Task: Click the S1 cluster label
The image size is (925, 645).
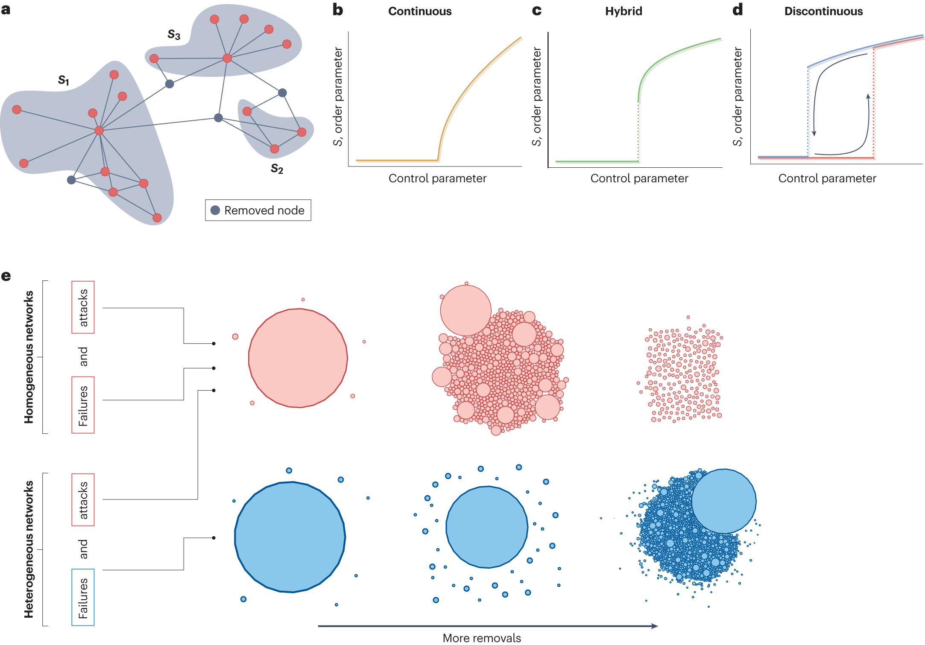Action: (x=64, y=80)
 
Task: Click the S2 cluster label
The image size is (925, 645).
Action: (x=277, y=169)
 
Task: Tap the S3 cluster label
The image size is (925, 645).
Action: (x=174, y=35)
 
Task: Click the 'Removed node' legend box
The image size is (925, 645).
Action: (x=258, y=210)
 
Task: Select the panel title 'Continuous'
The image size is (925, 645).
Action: (x=419, y=12)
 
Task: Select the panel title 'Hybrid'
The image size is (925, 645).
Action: (x=623, y=12)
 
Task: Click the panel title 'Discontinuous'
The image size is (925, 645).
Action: (x=823, y=12)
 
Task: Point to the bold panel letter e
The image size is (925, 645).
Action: (x=6, y=276)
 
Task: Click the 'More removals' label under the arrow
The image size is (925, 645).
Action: (x=481, y=638)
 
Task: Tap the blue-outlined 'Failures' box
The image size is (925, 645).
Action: (x=83, y=597)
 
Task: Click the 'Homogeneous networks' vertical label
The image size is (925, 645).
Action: (x=29, y=357)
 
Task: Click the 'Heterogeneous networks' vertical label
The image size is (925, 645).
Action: (x=29, y=549)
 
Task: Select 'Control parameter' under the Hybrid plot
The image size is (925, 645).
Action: (x=639, y=178)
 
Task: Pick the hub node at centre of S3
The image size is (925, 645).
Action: (x=227, y=58)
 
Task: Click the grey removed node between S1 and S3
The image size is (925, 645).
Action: (x=170, y=84)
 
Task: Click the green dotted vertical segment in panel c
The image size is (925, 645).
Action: (x=638, y=132)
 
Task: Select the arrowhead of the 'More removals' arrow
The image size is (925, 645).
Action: (x=655, y=626)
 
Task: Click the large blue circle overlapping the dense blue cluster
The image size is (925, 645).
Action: (x=724, y=501)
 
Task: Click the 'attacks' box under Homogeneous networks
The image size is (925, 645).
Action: (x=83, y=307)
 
